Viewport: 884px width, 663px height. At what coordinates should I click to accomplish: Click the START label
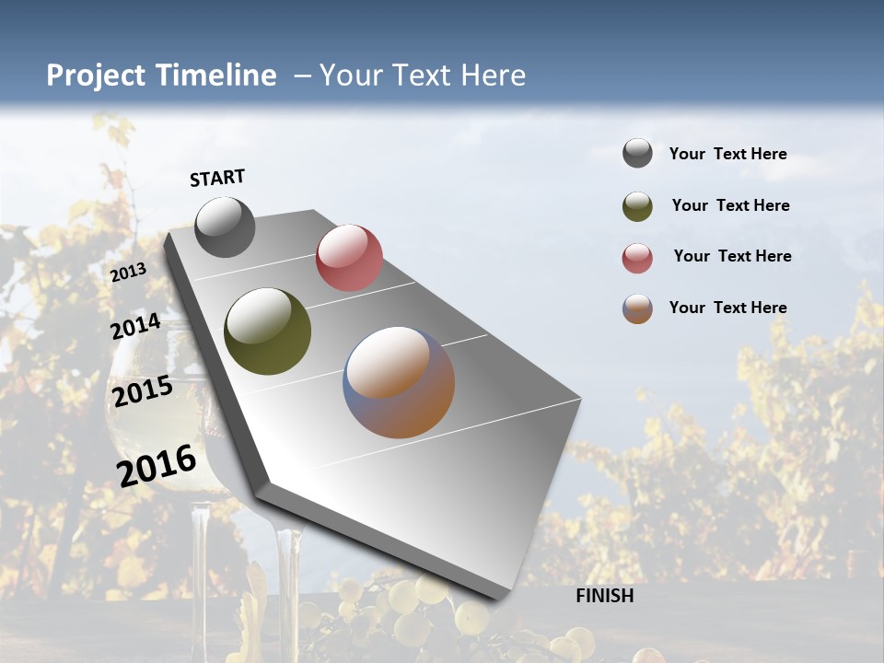coord(217,178)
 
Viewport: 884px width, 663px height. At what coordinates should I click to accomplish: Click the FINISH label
coord(604,596)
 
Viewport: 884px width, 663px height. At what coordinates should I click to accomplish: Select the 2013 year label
coord(128,273)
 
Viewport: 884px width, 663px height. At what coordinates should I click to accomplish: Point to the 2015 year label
coord(143,391)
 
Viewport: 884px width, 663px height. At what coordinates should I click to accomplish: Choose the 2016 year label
coord(157,465)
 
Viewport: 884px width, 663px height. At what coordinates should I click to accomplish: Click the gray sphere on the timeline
coord(225,227)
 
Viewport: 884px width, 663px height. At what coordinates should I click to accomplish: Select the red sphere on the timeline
coord(349,258)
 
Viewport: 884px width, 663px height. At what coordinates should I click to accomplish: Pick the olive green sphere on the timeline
coord(268,331)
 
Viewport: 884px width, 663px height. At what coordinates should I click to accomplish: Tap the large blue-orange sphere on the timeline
coord(399,382)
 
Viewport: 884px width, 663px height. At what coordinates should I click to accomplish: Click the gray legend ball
coord(637,154)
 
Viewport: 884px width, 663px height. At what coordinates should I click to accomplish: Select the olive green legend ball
coord(637,206)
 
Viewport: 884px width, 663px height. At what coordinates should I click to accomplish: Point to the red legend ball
coord(637,258)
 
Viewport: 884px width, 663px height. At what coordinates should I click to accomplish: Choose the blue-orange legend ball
coord(637,308)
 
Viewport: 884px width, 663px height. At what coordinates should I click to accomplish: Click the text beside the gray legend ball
coord(727,154)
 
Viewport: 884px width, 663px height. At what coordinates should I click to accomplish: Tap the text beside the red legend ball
coord(732,256)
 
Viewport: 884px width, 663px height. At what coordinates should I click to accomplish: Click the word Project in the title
coord(95,76)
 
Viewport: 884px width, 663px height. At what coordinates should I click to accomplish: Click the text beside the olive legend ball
coord(730,205)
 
